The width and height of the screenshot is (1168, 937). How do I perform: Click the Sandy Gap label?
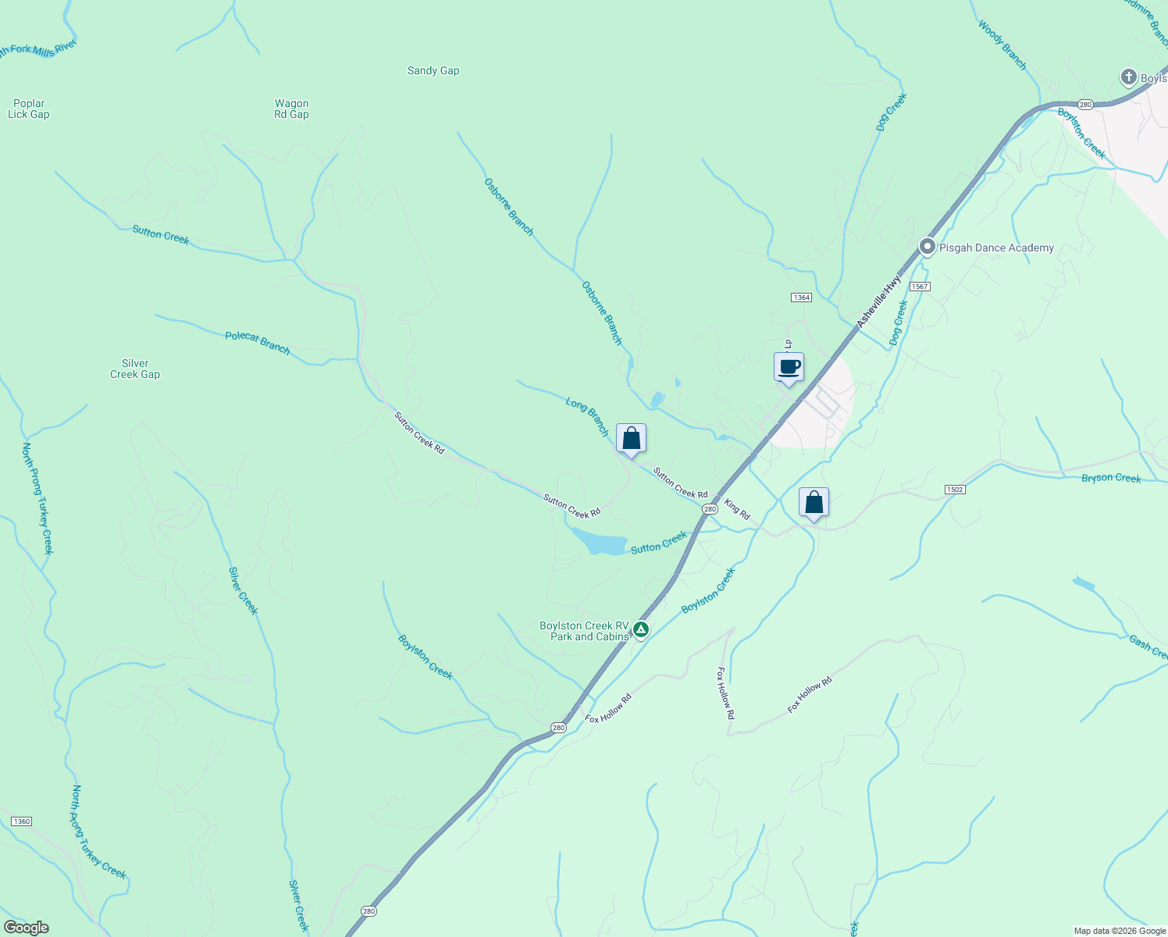pos(433,71)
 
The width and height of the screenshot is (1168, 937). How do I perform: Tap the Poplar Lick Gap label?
pos(29,109)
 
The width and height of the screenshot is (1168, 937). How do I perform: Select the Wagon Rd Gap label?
pos(291,109)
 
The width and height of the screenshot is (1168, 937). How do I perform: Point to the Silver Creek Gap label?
pos(135,369)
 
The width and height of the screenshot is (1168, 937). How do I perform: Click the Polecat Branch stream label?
pos(257,343)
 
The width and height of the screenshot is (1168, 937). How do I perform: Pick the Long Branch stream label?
pos(587,416)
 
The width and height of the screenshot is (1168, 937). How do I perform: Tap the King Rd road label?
pos(737,509)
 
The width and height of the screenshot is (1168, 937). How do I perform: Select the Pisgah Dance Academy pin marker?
pos(927,248)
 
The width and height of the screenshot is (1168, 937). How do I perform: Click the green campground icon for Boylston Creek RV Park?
pos(640,629)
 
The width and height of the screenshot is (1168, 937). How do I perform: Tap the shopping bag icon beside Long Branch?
pos(631,439)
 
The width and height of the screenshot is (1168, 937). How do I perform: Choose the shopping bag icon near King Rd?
pos(814,502)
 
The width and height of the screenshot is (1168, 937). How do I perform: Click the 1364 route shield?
pos(801,297)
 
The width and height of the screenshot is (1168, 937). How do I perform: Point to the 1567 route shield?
pos(920,287)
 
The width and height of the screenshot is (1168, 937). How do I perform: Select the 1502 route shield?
pos(954,490)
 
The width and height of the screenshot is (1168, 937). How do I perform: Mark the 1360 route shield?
pos(21,821)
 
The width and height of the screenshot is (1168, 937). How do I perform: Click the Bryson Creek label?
pos(1111,478)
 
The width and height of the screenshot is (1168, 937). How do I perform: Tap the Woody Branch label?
pos(1002,45)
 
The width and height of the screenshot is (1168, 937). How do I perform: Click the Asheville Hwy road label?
pos(878,301)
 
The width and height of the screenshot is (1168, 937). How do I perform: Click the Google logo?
pos(27,928)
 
